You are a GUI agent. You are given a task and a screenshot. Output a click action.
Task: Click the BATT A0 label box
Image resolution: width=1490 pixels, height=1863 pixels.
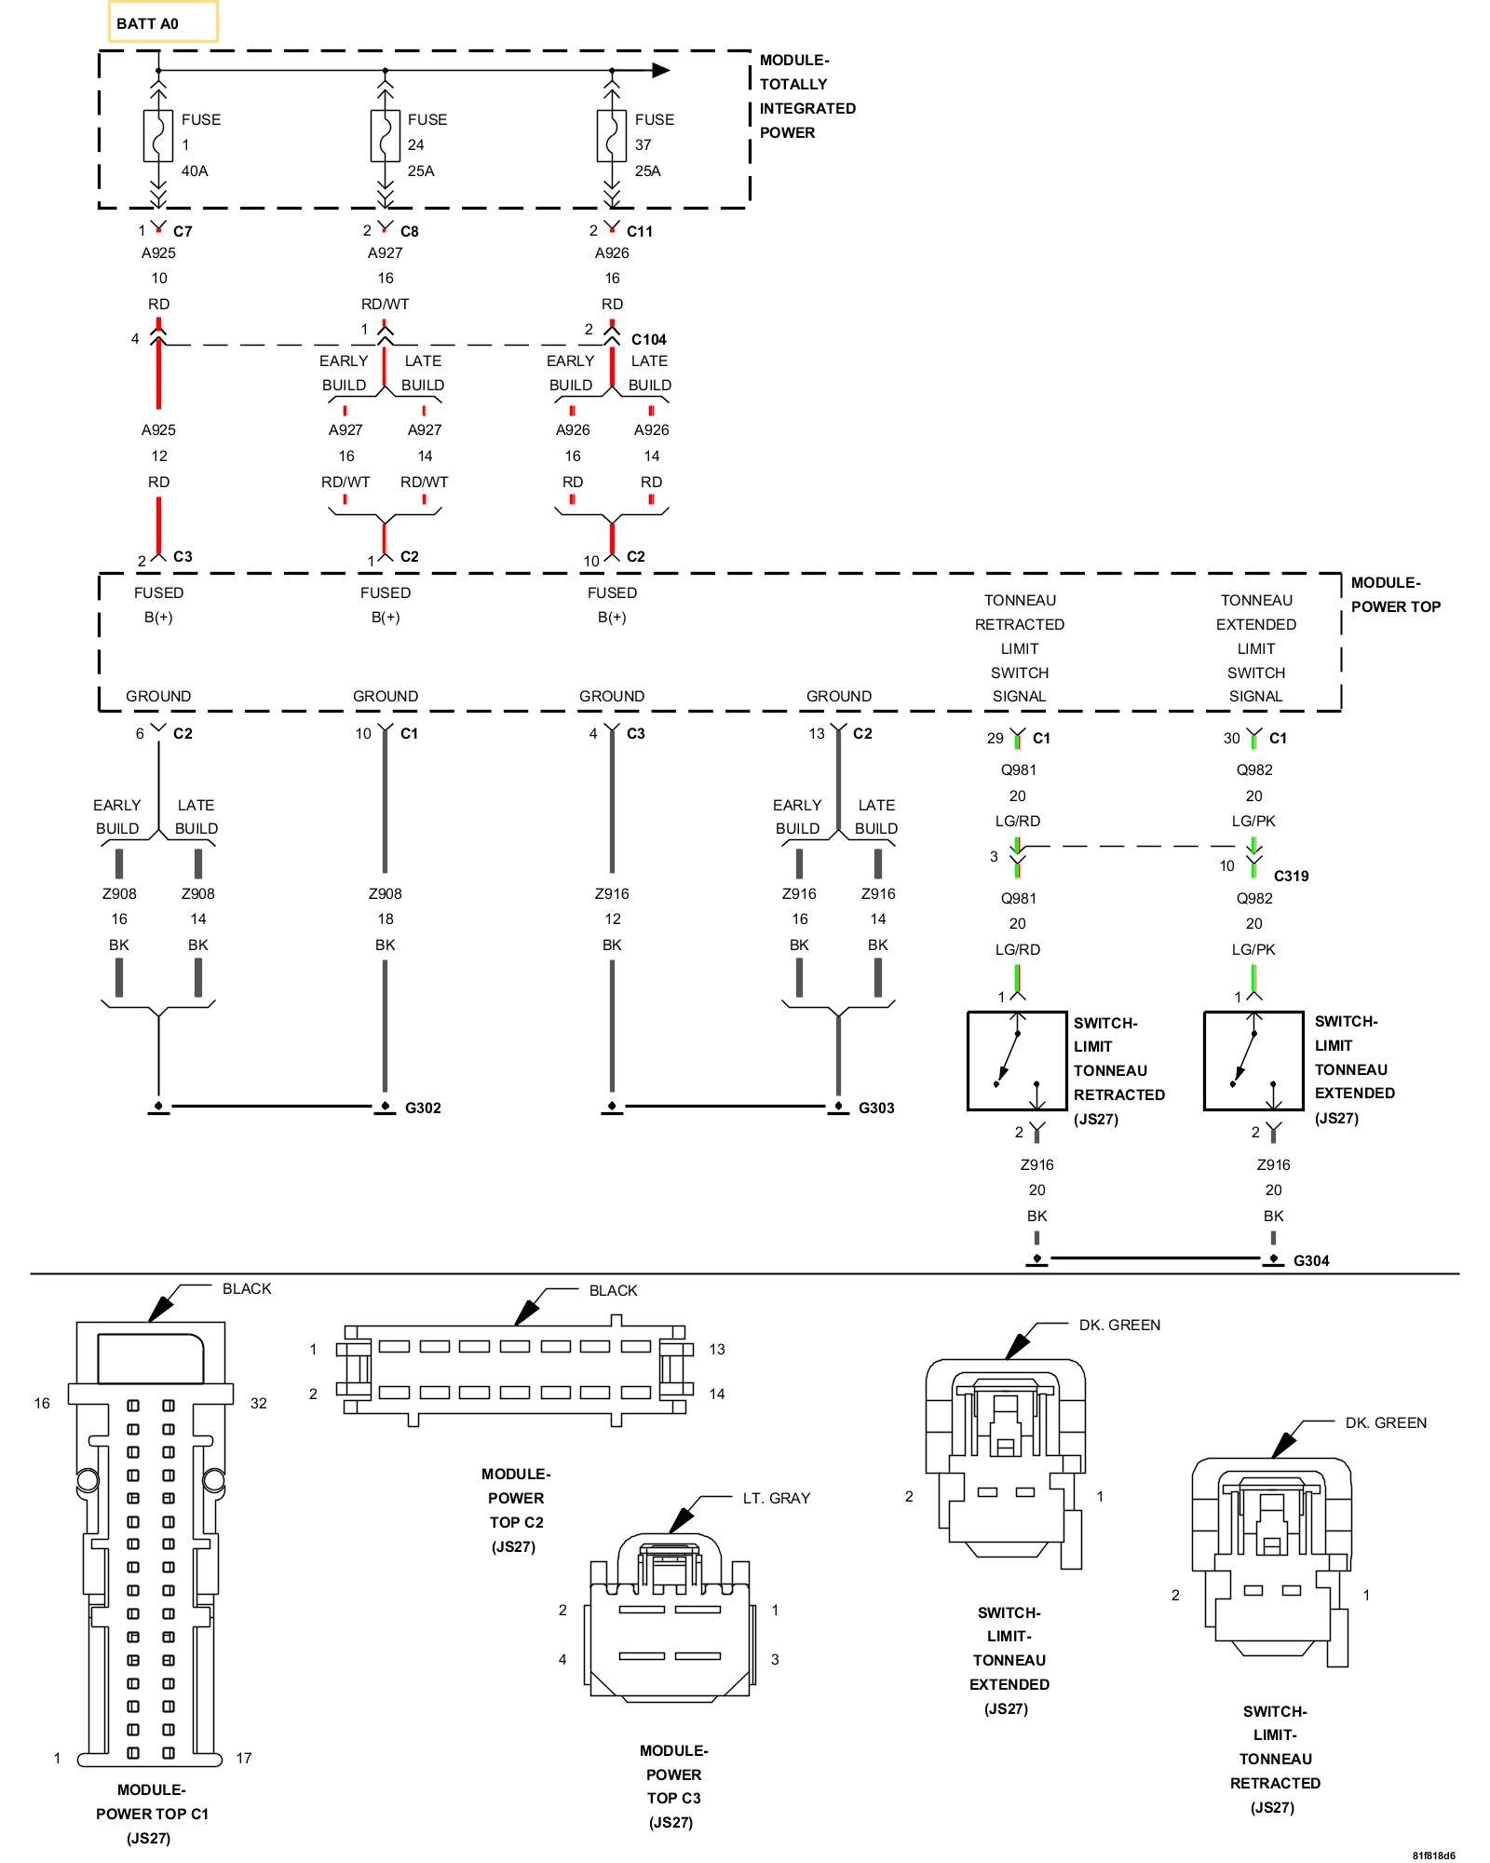coord(163,22)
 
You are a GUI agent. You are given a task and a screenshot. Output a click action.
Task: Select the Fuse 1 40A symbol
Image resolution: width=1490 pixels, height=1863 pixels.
coord(158,136)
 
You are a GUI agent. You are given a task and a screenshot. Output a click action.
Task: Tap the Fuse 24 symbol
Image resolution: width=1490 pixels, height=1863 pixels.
coord(385,136)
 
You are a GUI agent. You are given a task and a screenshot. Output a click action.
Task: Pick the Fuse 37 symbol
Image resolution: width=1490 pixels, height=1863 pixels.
coord(611,136)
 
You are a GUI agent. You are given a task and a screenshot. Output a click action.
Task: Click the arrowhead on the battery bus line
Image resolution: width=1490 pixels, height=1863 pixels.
coord(660,70)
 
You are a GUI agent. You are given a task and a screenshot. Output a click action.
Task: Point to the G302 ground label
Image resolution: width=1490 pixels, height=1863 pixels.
coord(423,1108)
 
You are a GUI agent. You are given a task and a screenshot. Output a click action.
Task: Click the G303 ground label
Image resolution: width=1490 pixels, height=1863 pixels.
coord(876,1108)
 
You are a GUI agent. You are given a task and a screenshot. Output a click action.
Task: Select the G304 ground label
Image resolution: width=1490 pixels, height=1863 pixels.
coord(1311,1260)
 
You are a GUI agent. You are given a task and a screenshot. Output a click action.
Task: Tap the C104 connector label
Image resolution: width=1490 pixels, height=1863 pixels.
coord(648,339)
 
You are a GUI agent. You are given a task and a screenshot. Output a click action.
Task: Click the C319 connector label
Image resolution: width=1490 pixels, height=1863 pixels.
coord(1291,876)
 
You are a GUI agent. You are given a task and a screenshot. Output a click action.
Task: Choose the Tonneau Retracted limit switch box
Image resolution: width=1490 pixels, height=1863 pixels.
coord(1017,1061)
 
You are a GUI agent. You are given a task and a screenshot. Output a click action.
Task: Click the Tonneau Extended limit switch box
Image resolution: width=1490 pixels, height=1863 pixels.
coord(1253,1061)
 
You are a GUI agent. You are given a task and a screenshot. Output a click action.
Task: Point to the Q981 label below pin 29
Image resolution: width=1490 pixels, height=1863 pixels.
coord(1018,769)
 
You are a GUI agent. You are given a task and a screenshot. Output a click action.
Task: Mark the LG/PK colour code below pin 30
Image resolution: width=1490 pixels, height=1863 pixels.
coord(1253,821)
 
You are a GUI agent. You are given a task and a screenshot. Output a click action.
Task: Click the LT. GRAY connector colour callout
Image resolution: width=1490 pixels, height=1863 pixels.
coord(776,1498)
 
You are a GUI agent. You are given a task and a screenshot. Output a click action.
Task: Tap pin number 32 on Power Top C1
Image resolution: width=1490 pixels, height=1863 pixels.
coord(258,1403)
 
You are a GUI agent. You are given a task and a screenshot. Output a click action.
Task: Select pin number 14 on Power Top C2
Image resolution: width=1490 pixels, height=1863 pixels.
coord(716,1394)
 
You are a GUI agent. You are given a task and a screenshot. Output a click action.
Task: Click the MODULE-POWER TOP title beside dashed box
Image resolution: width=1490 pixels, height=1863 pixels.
coord(1395,594)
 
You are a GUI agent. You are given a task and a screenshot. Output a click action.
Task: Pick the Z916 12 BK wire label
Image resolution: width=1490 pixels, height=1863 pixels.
coord(612,918)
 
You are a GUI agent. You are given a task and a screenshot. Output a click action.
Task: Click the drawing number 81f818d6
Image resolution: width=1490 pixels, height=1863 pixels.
coord(1433,1855)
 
